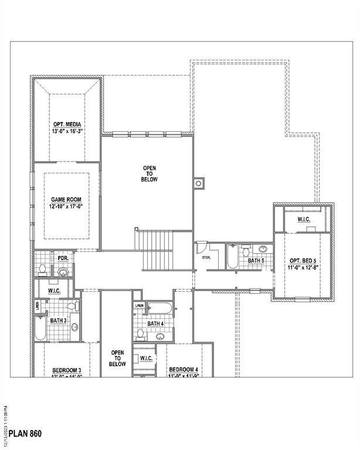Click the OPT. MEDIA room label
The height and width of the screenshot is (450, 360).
tap(66, 124)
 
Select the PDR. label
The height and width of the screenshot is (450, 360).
tap(62, 258)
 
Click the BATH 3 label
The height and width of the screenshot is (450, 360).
tap(57, 320)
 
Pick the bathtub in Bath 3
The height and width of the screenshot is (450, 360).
tap(39, 329)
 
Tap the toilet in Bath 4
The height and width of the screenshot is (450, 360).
tap(140, 333)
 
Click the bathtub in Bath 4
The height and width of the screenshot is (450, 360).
tap(159, 308)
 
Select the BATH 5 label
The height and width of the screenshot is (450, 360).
tap(256, 260)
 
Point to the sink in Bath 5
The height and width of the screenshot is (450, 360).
tap(263, 249)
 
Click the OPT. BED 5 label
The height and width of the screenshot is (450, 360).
tap(302, 260)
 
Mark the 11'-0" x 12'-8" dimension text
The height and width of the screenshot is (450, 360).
tap(302, 268)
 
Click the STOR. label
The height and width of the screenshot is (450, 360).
tap(206, 257)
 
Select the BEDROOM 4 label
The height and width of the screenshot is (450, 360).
tap(184, 369)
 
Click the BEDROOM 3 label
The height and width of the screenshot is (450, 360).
tap(66, 370)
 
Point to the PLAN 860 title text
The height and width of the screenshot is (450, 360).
tap(25, 435)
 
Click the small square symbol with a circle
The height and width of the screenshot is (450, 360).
tap(199, 183)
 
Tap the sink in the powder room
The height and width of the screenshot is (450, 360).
tap(63, 271)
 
